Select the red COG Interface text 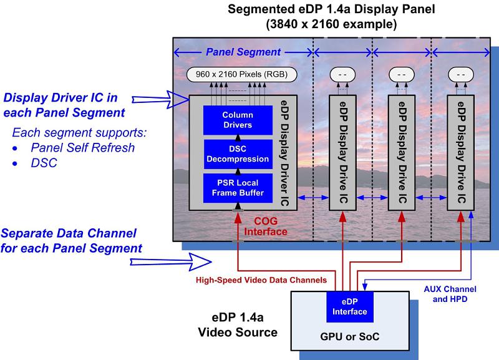coord(271,226)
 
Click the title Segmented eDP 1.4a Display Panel coord(322,10)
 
